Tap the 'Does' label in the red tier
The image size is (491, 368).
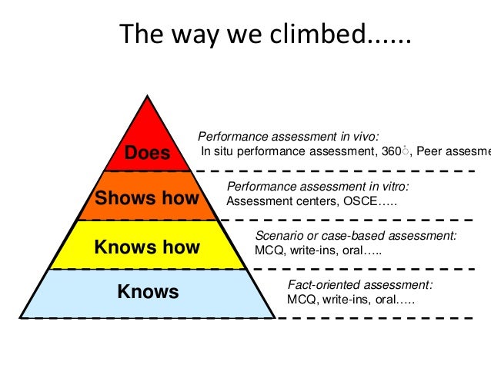[x=147, y=153]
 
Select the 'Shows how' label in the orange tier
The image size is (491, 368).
[x=146, y=200]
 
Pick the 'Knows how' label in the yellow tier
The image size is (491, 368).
[x=146, y=247]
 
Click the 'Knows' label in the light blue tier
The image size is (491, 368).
[x=148, y=292]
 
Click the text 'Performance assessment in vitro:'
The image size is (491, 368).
[x=318, y=187]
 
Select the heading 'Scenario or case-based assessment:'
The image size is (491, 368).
[x=356, y=236]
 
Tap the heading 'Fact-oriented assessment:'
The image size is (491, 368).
[x=359, y=284]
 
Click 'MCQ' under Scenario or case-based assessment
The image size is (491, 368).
[x=267, y=250]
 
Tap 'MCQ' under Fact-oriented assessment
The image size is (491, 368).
[x=299, y=299]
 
